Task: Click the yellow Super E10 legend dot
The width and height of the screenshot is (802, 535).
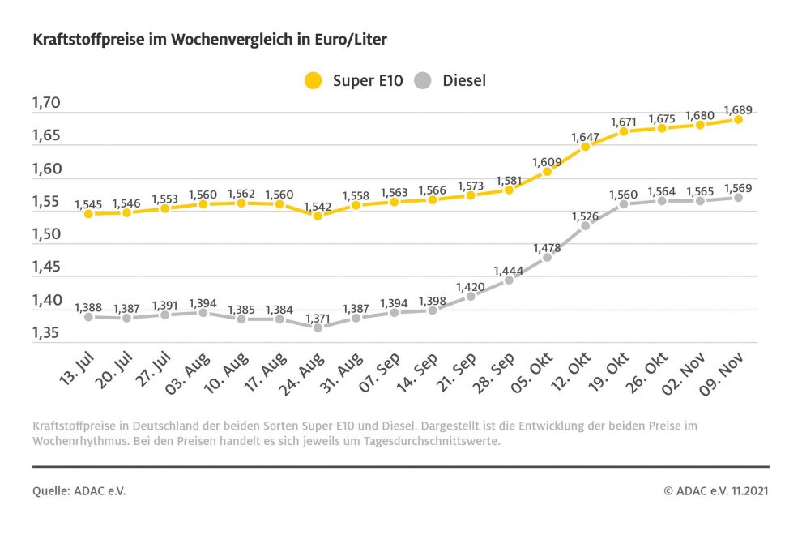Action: point(313,80)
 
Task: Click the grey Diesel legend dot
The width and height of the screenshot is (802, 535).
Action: point(423,80)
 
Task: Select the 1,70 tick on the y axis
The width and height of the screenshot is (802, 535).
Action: point(46,103)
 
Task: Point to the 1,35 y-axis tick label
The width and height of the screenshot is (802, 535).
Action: point(46,333)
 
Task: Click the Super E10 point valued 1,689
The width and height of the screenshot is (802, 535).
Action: point(738,119)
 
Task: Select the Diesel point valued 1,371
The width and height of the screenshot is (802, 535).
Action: point(318,327)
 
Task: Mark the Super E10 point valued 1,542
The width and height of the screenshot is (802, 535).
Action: point(318,216)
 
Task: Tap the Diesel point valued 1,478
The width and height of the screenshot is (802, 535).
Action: point(547,257)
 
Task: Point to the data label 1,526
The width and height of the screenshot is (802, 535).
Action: point(586,216)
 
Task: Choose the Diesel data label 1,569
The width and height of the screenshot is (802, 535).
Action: point(738,187)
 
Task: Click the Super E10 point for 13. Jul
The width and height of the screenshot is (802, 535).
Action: point(88,213)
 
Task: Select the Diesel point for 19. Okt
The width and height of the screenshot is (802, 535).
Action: point(624,204)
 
